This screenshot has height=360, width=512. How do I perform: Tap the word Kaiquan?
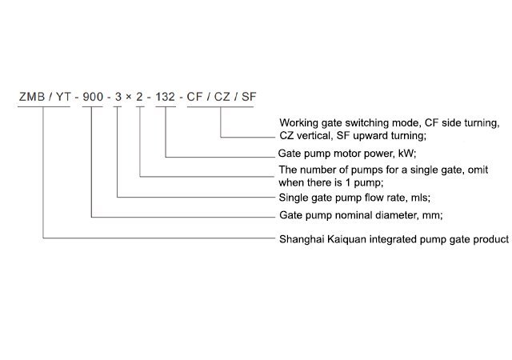351,238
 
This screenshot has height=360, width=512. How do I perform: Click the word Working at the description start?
299,122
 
